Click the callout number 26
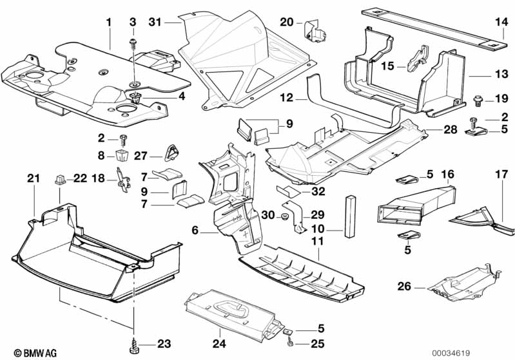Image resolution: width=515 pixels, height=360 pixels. pos(404,288)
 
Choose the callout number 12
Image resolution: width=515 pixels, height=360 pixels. pos(286,99)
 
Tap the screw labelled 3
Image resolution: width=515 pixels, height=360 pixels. pos(133,43)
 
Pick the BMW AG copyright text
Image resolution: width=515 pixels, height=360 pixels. pos(24,353)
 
